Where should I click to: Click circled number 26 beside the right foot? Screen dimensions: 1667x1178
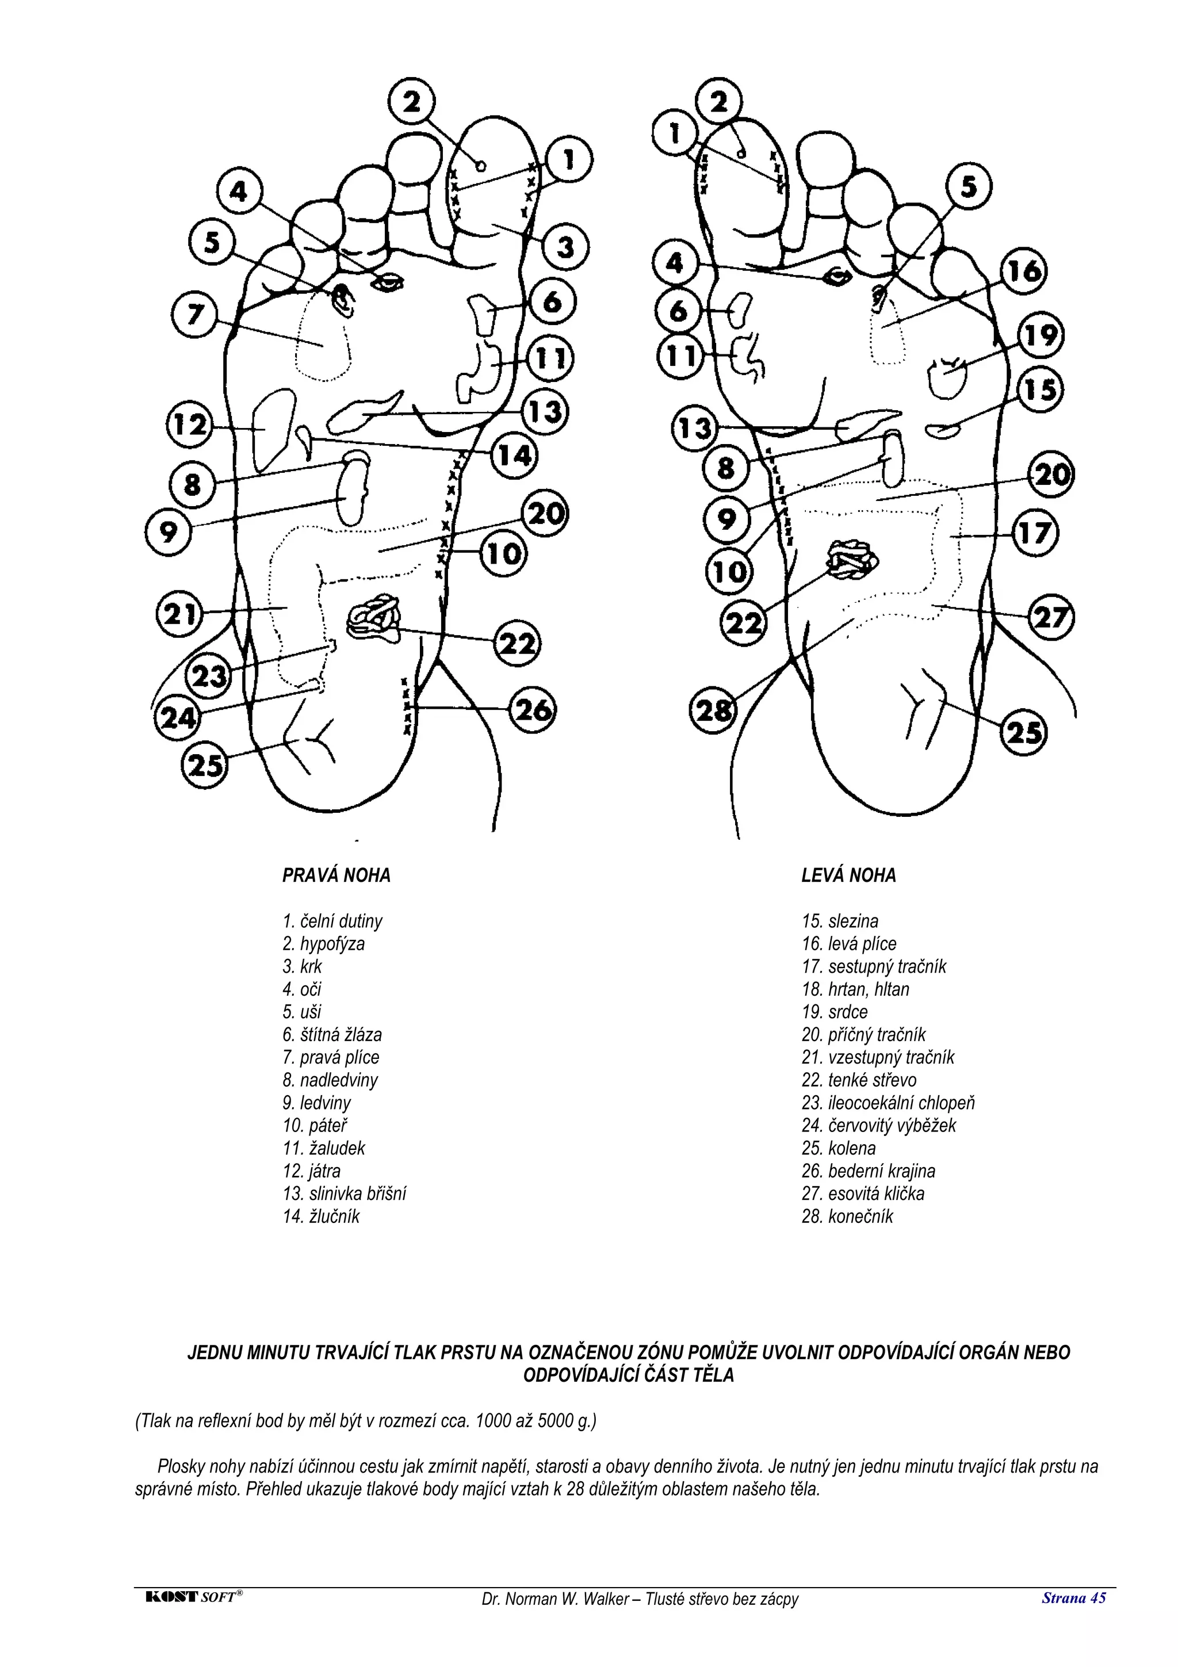(x=533, y=709)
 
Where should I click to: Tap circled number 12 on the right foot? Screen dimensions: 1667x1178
(x=189, y=424)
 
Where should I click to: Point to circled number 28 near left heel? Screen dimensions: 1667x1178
(x=713, y=710)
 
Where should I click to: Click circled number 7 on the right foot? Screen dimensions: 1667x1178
(x=194, y=315)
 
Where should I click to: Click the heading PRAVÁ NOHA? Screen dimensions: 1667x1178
(x=336, y=875)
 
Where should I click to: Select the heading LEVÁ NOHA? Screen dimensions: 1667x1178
(x=848, y=875)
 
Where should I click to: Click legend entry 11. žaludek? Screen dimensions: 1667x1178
(x=324, y=1148)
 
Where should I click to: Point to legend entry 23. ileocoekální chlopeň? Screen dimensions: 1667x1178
(x=888, y=1102)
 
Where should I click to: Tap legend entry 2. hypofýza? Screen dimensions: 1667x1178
(x=324, y=944)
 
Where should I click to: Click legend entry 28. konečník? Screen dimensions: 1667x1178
(x=847, y=1216)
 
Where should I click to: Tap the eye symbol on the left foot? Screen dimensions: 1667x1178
(x=837, y=276)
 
